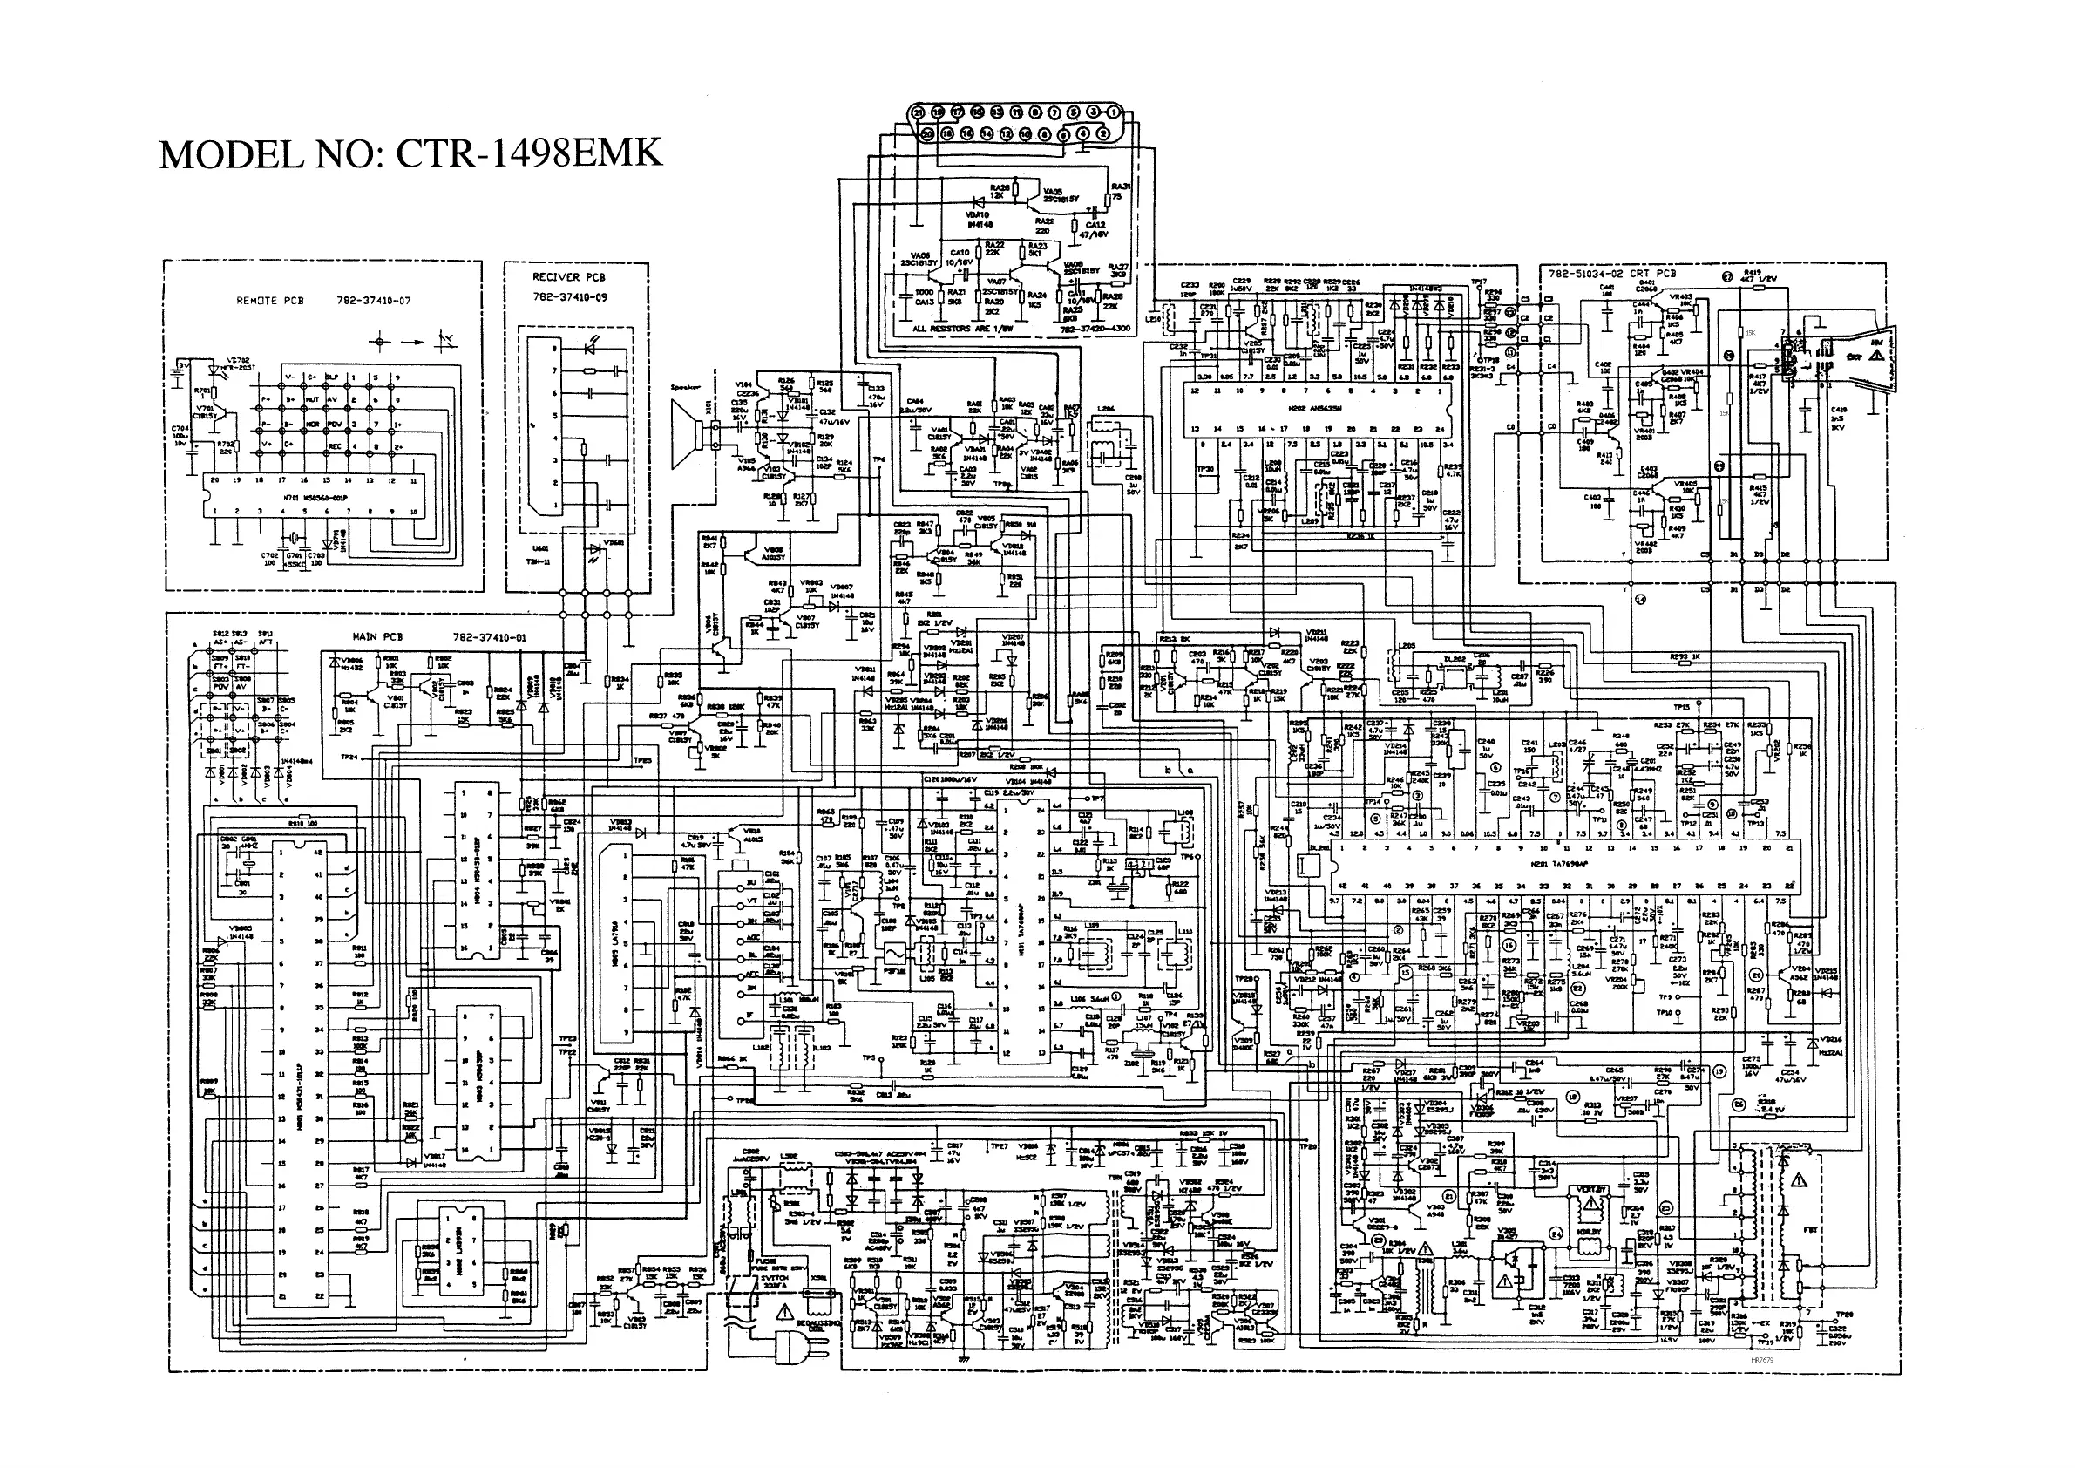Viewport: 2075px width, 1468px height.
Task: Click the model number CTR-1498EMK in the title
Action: [529, 153]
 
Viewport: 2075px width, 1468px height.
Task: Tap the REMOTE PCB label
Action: [270, 301]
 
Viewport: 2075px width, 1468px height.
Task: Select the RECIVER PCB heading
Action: [568, 277]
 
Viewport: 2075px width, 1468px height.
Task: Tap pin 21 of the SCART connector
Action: [919, 113]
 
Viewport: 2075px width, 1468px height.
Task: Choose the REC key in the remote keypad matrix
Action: [335, 446]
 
